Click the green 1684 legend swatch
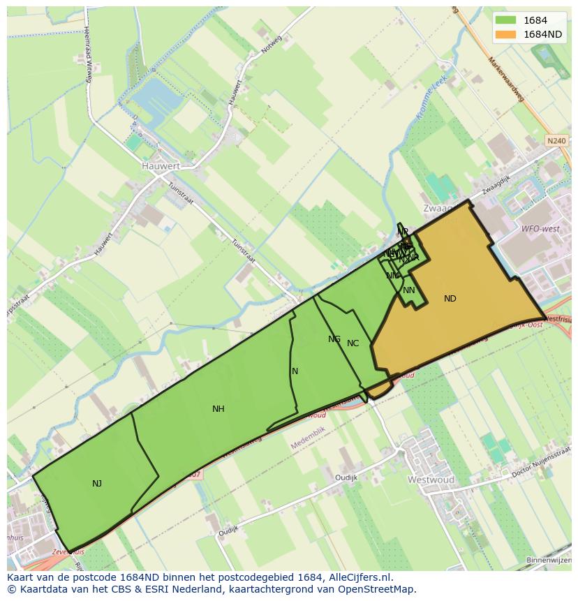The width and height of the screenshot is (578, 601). [506, 20]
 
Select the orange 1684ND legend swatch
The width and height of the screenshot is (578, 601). [506, 34]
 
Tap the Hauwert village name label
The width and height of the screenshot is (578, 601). [161, 166]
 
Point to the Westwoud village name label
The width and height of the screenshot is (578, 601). [431, 480]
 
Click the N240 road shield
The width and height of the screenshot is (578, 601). [556, 141]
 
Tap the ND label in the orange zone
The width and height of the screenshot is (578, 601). [450, 299]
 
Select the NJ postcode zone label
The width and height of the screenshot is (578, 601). [97, 483]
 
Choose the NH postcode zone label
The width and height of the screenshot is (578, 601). [218, 409]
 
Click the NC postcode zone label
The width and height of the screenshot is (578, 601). [353, 343]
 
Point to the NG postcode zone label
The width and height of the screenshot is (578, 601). [334, 339]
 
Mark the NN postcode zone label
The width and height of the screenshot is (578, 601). [409, 290]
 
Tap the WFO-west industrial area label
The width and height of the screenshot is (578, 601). [540, 228]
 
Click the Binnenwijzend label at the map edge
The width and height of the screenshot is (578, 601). [549, 560]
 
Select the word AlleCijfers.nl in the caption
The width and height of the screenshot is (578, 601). [361, 578]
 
